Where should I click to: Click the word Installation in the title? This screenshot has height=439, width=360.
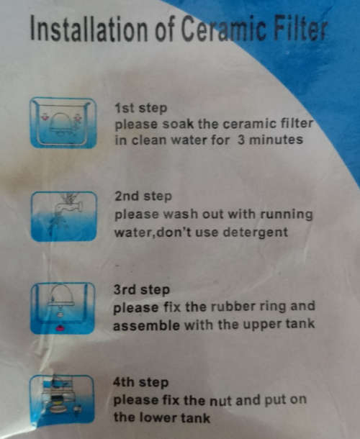tap(89, 28)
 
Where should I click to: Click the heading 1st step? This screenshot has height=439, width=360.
tap(140, 109)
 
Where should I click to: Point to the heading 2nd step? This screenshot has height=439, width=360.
tap(143, 196)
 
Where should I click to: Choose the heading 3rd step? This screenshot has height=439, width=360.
tap(141, 290)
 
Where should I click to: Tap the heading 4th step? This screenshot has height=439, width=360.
tap(140, 382)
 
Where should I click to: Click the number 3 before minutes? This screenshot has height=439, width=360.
tap(241, 140)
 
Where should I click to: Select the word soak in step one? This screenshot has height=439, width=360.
tap(178, 124)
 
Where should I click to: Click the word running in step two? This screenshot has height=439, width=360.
tap(287, 215)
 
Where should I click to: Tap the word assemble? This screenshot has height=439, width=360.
tap(146, 325)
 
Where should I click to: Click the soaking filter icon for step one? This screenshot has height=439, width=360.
tap(63, 122)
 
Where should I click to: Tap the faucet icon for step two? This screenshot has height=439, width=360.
tap(63, 216)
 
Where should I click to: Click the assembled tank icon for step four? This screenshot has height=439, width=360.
tap(62, 399)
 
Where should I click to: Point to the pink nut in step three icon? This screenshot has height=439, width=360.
tap(60, 328)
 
